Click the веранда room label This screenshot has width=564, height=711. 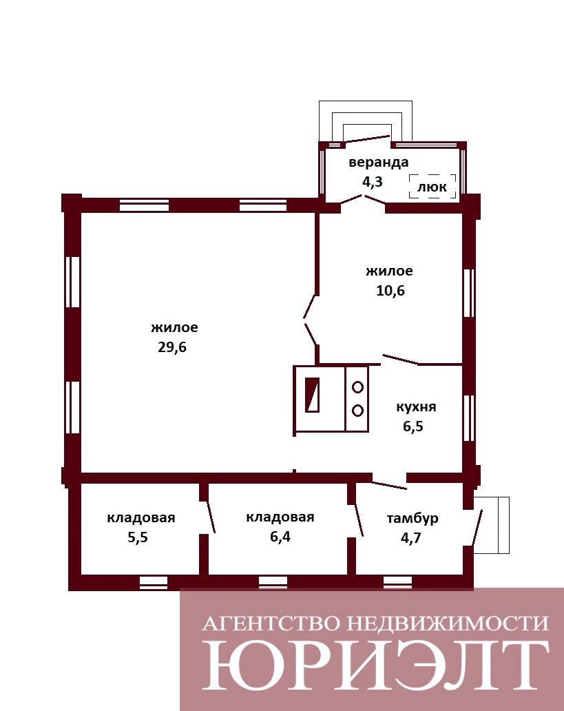point(378,163)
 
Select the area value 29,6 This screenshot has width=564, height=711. point(172,347)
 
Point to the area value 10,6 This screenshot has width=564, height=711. point(390,291)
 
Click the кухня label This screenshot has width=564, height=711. point(416,406)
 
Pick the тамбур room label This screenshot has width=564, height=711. point(412,518)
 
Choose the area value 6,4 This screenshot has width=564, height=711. point(280,537)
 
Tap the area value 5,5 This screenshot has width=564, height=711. point(137,537)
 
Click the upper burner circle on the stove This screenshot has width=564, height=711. point(357,387)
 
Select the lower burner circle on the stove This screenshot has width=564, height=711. point(357,411)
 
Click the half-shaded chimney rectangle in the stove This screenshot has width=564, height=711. point(312,395)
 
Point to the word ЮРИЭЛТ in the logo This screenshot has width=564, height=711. point(375,664)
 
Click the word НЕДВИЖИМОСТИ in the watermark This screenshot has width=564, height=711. point(447,624)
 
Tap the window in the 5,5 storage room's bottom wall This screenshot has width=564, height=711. point(154,582)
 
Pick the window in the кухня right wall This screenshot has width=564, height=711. point(469,418)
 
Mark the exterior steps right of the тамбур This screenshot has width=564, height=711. point(492,525)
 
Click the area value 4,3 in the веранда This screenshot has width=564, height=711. point(373,181)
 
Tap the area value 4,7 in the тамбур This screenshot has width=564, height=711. point(410,538)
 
